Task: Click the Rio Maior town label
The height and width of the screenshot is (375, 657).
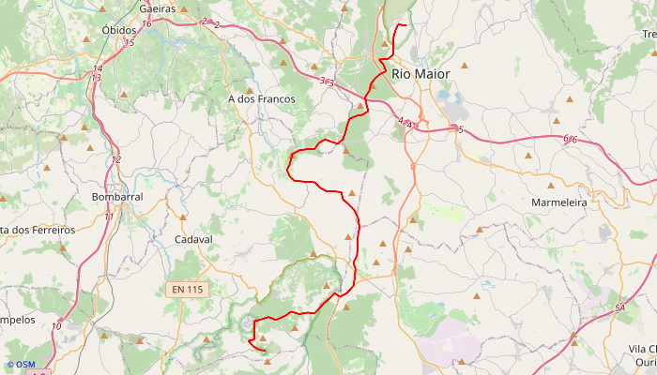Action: pos(420,73)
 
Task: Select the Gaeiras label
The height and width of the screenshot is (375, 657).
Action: pos(158,8)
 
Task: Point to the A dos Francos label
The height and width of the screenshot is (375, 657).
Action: pos(261,98)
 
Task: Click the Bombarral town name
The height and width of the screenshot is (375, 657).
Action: pos(117,198)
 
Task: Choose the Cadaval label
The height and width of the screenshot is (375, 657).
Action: pos(194,239)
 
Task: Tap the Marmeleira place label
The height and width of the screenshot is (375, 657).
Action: pos(558,202)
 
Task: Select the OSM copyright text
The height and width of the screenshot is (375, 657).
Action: pos(21,365)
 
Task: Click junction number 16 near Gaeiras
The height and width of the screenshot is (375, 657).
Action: pos(147,23)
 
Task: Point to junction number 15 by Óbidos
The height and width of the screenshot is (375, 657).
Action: pos(129,43)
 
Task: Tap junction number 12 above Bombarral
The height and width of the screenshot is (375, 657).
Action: pos(116,159)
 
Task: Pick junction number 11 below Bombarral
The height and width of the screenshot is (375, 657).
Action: pos(109,217)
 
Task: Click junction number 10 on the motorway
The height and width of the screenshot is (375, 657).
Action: pos(57,325)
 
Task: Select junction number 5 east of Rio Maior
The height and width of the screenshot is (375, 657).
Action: pos(461,129)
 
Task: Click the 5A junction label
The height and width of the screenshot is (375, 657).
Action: pos(619,308)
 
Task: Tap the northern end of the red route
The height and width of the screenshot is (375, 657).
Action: pos(404,24)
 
